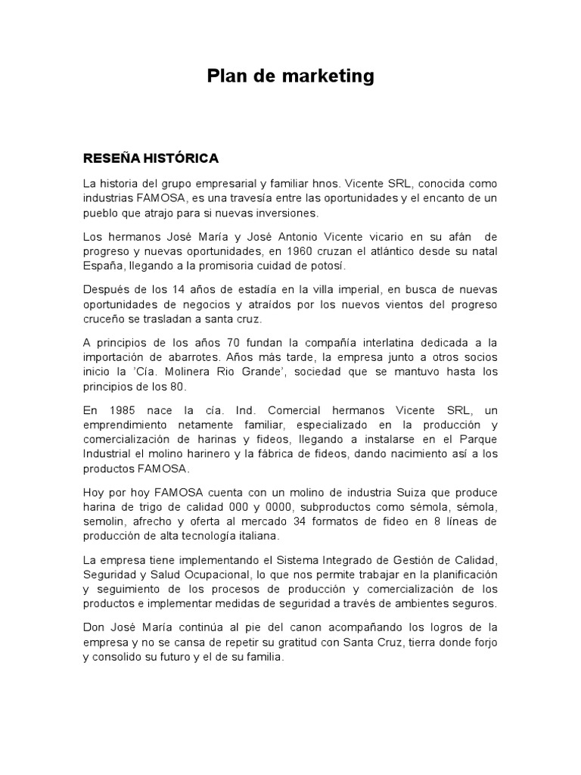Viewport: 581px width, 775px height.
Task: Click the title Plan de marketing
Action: [x=290, y=76]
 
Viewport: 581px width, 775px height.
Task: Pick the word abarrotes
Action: [x=237, y=357]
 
